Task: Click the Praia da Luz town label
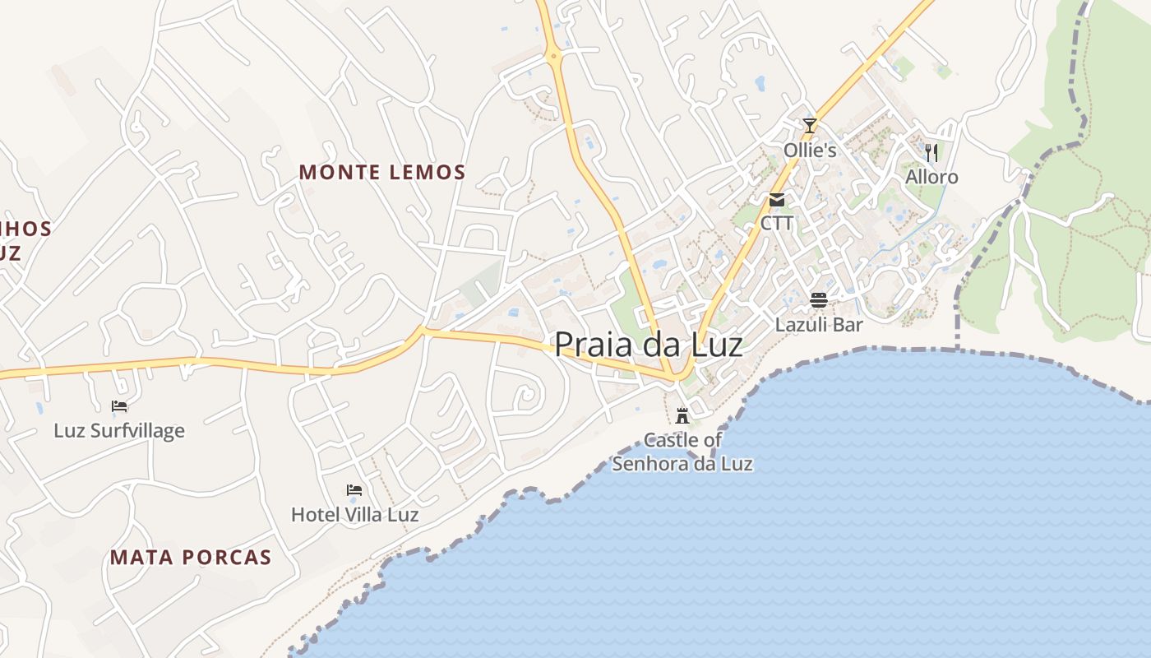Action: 649,344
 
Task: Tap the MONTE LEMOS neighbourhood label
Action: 382,172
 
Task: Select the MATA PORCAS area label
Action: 191,557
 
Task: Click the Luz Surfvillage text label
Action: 119,430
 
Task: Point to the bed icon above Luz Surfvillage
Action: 119,405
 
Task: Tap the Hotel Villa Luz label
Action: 354,515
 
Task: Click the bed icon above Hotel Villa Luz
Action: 354,490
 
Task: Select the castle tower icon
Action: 682,415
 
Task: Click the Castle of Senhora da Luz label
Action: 682,452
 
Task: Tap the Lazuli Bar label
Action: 819,324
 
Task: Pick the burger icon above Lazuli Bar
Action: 818,300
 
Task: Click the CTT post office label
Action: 776,223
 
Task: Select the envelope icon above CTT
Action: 776,200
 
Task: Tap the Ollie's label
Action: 810,150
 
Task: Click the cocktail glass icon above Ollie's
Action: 810,126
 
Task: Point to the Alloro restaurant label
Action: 931,177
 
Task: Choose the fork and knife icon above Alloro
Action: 931,152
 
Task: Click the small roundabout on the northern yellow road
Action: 553,57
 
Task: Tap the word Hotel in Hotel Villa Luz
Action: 315,515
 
